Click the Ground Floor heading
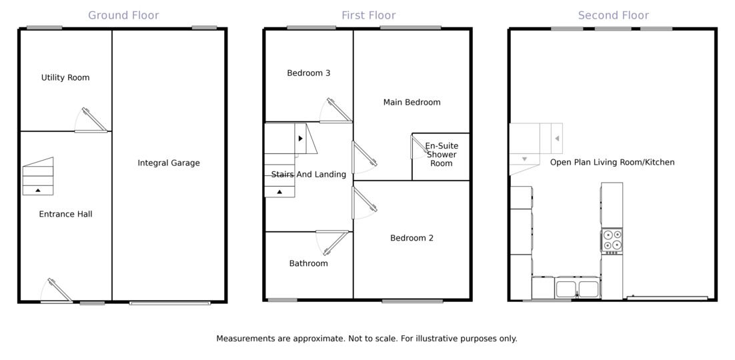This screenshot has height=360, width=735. [123, 15]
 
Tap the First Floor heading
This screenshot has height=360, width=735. [368, 15]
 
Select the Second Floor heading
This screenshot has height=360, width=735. [613, 15]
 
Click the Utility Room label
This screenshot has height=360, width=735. [65, 77]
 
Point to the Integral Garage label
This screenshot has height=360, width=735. [169, 163]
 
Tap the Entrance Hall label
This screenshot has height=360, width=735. [65, 214]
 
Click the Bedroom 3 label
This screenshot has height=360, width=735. [309, 73]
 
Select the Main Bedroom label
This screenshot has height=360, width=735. [412, 102]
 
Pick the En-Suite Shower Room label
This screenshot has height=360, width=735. [442, 155]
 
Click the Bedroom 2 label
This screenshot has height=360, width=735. [412, 238]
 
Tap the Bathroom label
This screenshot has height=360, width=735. [308, 263]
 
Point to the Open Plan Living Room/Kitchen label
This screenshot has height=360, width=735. [612, 162]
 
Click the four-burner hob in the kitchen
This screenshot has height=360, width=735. [612, 241]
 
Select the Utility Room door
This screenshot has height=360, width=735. [94, 121]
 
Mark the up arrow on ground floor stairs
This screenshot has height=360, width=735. [38, 191]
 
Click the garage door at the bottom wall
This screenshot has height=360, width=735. [170, 303]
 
